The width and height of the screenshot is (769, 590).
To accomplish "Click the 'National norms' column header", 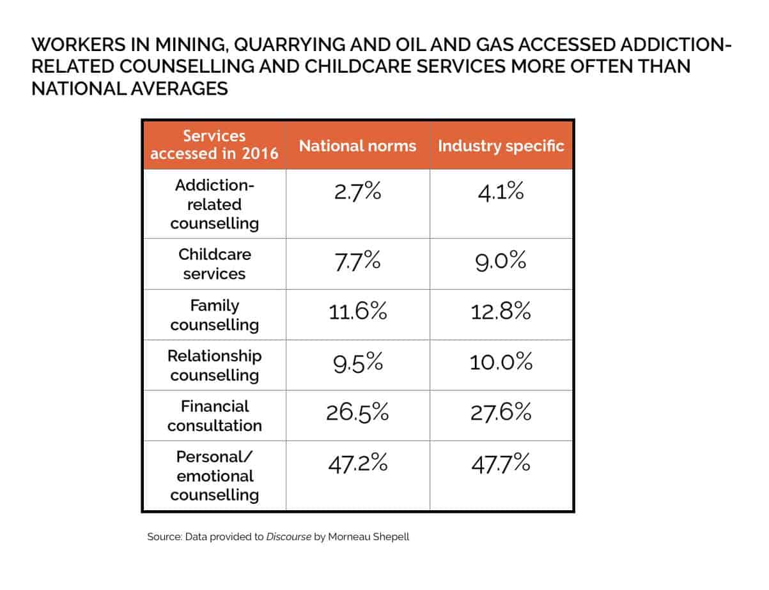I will [x=357, y=146].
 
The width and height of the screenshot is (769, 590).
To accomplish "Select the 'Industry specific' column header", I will [x=501, y=146].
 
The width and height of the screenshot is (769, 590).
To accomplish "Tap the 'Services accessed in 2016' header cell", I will [x=214, y=145].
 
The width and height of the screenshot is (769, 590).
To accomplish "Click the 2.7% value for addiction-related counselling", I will [x=357, y=192].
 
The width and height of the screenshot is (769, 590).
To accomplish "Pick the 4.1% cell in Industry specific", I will [x=501, y=192].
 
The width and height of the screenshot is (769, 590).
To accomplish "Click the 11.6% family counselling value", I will [x=357, y=312].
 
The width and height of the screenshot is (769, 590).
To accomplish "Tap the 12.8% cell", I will [x=501, y=312].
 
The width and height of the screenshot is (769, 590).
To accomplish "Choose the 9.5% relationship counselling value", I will [x=357, y=363].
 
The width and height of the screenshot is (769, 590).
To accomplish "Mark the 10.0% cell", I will [x=501, y=363].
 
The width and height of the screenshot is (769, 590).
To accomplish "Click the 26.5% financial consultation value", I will [x=357, y=412].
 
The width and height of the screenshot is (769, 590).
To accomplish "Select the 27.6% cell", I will [x=501, y=412].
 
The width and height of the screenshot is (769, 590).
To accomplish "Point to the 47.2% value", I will [x=357, y=463].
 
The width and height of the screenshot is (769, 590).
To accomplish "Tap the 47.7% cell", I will [x=501, y=463].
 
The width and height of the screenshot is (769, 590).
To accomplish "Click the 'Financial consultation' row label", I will [x=214, y=416].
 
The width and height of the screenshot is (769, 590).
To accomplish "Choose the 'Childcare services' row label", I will [x=214, y=264].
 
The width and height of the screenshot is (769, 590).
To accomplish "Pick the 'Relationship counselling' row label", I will [x=214, y=365].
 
